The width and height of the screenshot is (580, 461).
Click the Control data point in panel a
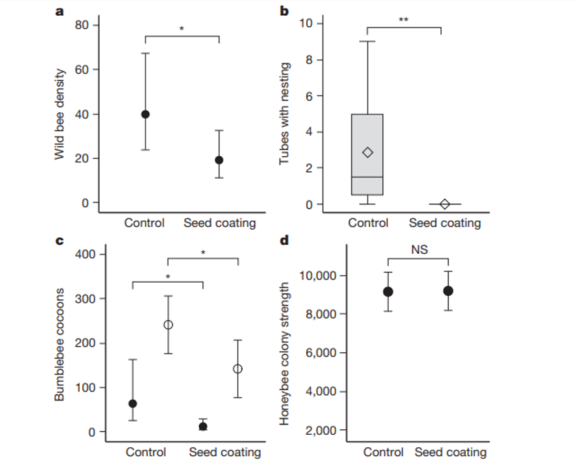(145, 114)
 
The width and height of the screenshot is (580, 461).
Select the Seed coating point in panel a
(219, 160)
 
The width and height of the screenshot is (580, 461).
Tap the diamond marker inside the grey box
(368, 152)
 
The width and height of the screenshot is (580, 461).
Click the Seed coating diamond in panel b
(444, 204)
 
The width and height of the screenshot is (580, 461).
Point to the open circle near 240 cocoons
(168, 325)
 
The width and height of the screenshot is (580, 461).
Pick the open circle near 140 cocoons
(238, 369)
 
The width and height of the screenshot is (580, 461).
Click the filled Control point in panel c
(133, 404)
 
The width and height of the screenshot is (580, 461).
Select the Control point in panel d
(388, 292)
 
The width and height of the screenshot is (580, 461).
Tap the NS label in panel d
(419, 250)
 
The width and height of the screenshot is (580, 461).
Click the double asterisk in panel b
(403, 20)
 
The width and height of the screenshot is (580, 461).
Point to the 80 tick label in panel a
(82, 25)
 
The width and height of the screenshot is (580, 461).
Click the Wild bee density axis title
(61, 114)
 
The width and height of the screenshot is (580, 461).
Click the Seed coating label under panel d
(451, 452)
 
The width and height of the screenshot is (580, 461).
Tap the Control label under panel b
(368, 223)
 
